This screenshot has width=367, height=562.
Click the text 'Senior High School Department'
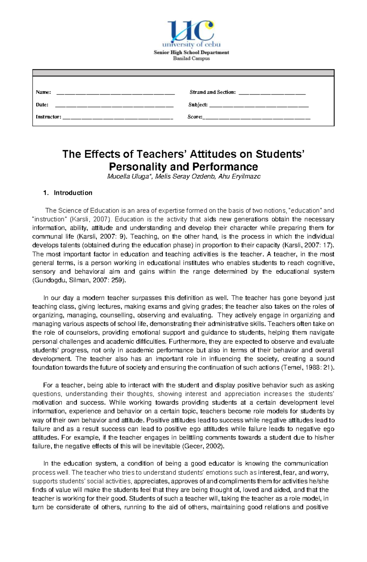tap(191, 52)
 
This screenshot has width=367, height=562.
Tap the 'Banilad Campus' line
tap(191, 58)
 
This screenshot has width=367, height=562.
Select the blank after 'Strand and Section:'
tap(272, 93)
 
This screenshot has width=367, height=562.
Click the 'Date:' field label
tap(42, 105)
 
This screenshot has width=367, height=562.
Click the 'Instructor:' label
tap(48, 117)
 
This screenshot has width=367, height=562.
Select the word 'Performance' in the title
tap(225, 167)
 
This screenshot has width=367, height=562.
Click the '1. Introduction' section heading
tap(68, 193)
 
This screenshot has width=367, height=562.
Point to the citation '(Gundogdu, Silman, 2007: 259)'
tap(79, 280)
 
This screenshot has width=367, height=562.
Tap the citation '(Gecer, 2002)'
tap(203, 446)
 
